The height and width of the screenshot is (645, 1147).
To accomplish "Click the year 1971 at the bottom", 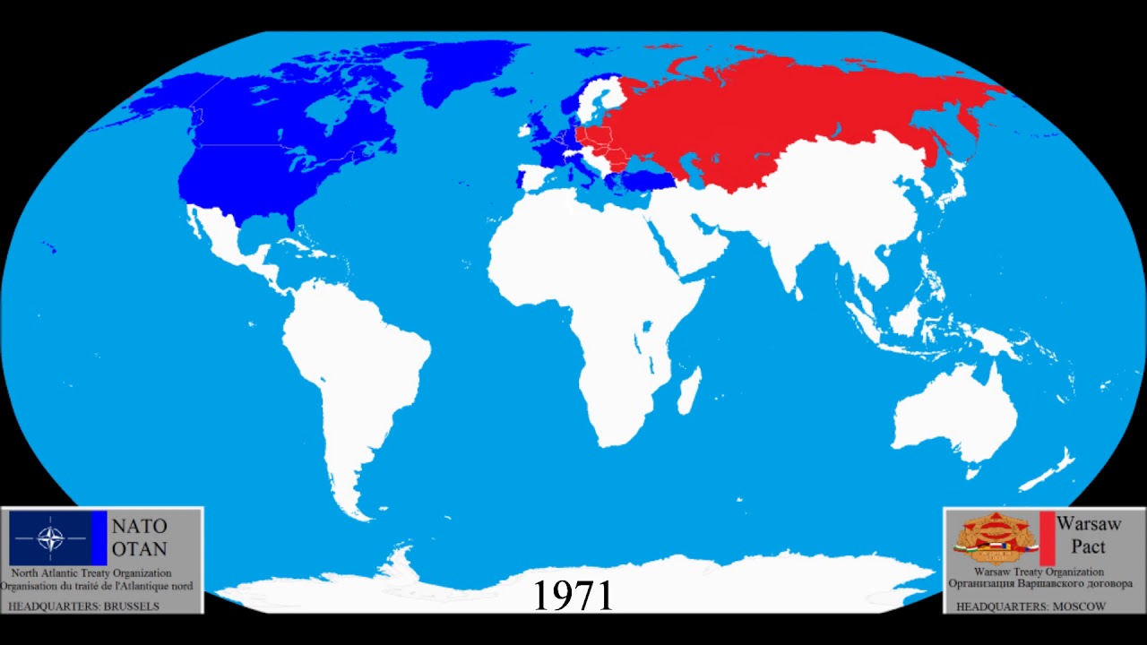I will (573, 595).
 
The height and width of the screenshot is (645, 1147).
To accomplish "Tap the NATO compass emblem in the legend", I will (50, 538).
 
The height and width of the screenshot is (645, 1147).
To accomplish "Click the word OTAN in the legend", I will (139, 548).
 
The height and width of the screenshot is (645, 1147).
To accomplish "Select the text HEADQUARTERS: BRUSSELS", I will (83, 606).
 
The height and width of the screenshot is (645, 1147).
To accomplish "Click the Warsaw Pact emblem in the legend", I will (992, 537).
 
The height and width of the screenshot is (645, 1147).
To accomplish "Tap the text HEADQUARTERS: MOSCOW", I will (1031, 606).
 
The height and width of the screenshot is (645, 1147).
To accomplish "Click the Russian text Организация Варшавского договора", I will (1039, 584).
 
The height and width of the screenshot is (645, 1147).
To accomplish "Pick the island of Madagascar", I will (688, 393).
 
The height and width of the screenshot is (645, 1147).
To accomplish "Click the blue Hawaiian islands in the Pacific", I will (50, 248).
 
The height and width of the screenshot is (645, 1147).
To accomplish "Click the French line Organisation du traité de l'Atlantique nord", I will (97, 586).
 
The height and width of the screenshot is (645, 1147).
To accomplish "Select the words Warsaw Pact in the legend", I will (1081, 535).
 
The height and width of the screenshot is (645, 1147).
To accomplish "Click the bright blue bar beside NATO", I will (99, 537).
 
